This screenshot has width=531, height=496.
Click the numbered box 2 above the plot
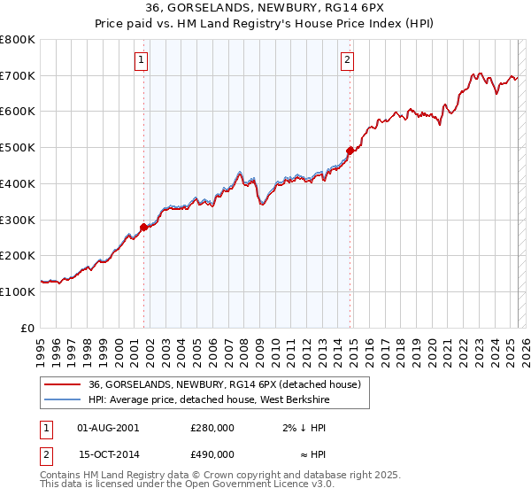347,60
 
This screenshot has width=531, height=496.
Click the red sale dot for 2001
143,227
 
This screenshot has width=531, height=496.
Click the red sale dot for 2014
350,151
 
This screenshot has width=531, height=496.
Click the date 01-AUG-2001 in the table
108,428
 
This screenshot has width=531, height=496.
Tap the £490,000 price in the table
212,454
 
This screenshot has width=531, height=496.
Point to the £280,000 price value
212,428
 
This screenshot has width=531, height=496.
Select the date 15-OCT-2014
109,454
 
